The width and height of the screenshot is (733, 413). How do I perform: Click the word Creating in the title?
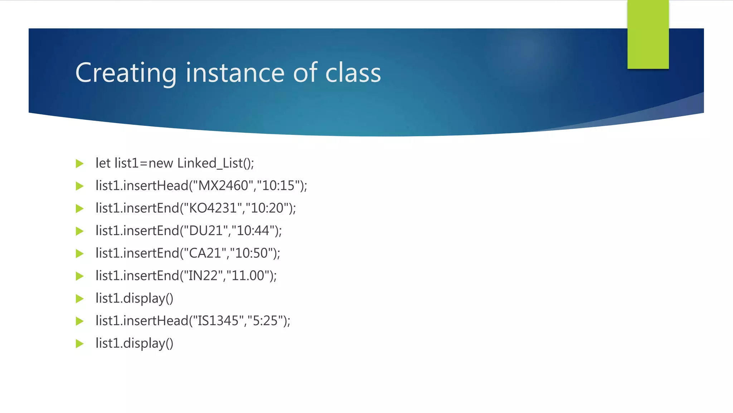pyautogui.click(x=126, y=73)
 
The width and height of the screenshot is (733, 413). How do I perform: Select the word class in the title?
pyautogui.click(x=353, y=73)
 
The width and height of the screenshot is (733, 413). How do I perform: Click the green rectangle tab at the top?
pyautogui.click(x=648, y=34)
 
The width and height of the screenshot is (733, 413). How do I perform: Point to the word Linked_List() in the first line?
pyautogui.click(x=215, y=163)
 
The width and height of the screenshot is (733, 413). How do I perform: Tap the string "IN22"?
pyautogui.click(x=203, y=276)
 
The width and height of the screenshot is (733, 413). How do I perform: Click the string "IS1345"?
pyautogui.click(x=215, y=321)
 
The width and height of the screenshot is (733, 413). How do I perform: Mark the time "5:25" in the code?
pyautogui.click(x=265, y=321)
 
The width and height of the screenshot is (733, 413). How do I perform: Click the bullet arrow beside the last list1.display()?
pyautogui.click(x=79, y=344)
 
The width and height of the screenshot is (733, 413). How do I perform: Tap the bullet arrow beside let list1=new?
pyautogui.click(x=79, y=164)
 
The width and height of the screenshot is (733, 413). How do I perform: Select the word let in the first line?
pyautogui.click(x=103, y=163)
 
